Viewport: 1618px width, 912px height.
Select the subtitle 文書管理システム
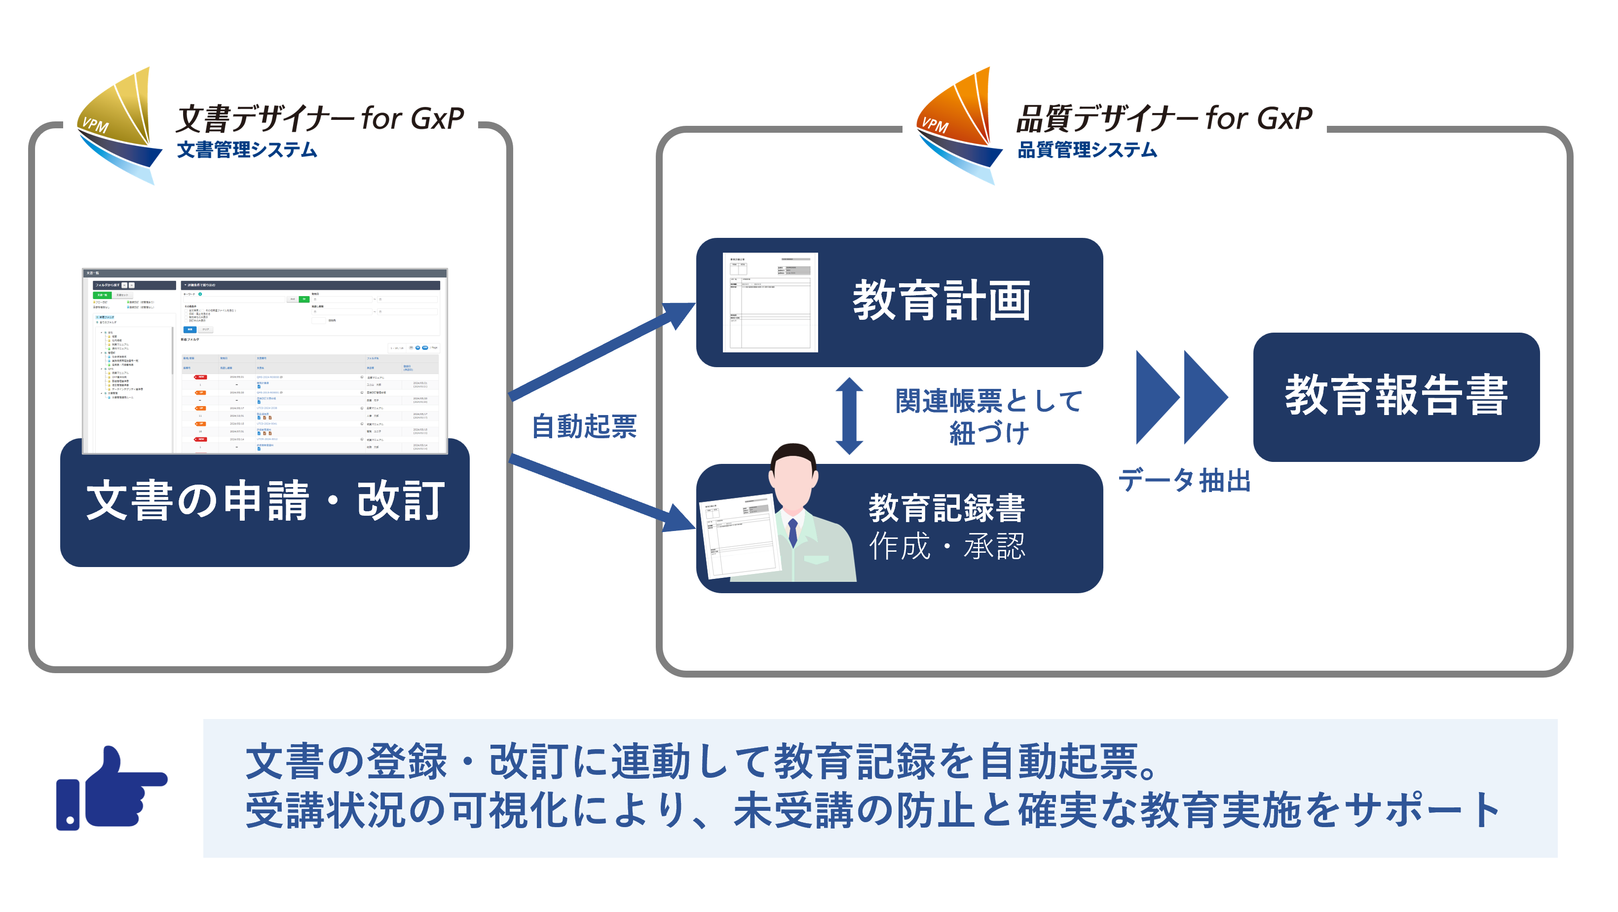click(247, 150)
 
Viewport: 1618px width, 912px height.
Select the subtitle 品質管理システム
click(1087, 150)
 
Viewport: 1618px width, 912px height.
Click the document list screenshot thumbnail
click(264, 361)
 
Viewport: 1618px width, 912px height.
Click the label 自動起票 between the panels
click(584, 426)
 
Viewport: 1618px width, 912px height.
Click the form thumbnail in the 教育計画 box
click(770, 302)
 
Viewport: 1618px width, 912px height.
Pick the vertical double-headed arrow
click(849, 416)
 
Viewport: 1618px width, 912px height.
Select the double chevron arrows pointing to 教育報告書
click(1181, 397)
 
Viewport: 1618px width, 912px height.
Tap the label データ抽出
click(1184, 481)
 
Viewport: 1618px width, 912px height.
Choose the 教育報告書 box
click(1395, 397)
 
